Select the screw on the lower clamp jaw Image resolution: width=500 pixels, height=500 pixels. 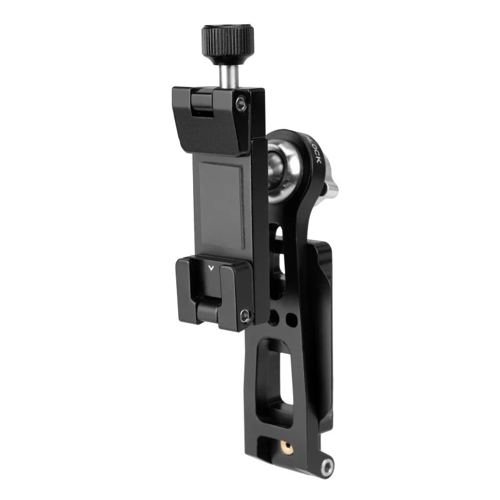246,316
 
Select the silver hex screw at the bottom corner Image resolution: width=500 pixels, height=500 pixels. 326,465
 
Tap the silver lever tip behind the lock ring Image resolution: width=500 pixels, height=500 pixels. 332,187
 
